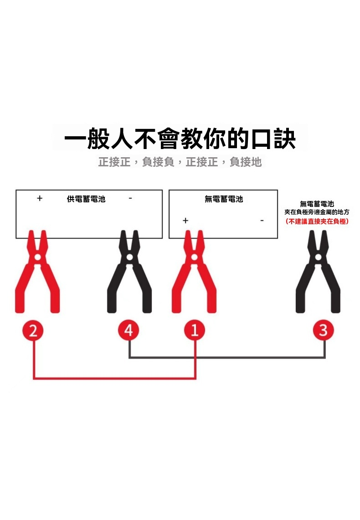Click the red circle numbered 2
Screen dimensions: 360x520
[x=33, y=330]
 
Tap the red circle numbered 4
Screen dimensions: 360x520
[x=129, y=330]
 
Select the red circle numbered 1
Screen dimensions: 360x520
[x=195, y=330]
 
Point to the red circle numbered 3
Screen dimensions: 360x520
[x=324, y=330]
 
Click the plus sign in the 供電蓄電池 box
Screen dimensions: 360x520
[x=40, y=198]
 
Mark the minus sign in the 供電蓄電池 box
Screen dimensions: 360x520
[x=130, y=198]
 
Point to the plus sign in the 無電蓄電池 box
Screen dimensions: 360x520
[x=185, y=221]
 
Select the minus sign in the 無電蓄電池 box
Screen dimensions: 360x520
[x=262, y=221]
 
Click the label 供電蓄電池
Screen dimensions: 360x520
[x=86, y=199]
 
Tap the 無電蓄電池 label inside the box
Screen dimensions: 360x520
[x=224, y=199]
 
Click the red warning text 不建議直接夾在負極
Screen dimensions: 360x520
[x=317, y=221]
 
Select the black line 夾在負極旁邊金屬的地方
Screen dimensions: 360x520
[x=317, y=212]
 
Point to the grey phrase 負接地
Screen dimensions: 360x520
[x=246, y=162]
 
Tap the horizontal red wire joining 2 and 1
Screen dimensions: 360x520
[x=114, y=378]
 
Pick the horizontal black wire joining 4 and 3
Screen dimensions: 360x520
[x=227, y=357]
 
